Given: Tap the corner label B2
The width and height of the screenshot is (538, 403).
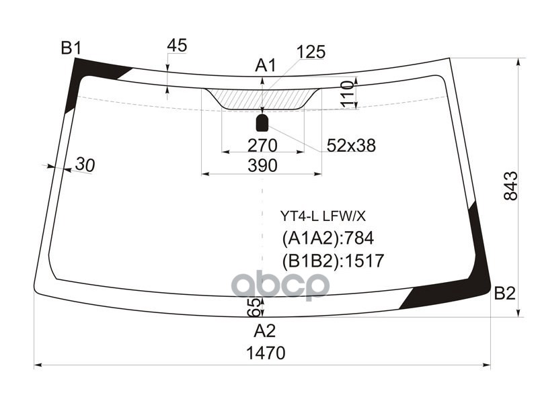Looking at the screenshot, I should pos(504,293).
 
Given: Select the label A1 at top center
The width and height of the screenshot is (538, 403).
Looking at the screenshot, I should pos(265,65).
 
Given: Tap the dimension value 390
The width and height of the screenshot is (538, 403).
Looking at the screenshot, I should pos(262,166).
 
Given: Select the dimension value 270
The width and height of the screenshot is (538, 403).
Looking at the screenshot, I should pos(262,145).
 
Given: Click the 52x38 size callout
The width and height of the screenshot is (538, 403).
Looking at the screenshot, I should pos(351,145).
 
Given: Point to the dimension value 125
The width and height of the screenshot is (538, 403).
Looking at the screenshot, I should pos(311,52).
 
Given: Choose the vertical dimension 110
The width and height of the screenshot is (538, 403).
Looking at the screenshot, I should pos(347,93).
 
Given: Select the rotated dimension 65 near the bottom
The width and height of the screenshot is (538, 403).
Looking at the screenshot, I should pos(254,308).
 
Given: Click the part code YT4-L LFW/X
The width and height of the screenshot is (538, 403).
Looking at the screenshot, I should pos(323,216).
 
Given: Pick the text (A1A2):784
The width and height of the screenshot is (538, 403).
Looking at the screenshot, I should pos(328,238).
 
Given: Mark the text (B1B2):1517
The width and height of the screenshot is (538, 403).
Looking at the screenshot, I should pos(332,261).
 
